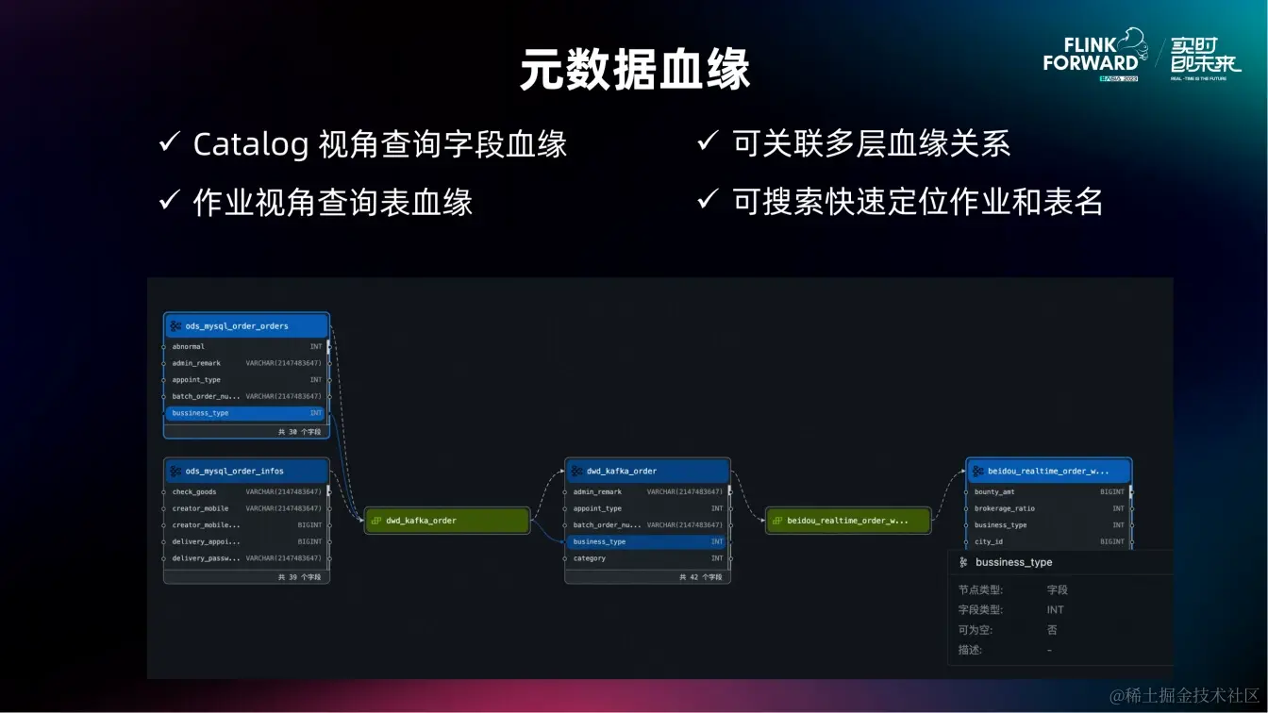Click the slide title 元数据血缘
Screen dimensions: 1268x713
634,70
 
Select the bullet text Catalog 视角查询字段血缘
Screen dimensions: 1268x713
379,144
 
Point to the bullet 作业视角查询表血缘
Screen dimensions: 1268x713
332,203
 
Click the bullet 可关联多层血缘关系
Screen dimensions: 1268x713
871,144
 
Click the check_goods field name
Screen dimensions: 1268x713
194,492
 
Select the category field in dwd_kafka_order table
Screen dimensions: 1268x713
590,558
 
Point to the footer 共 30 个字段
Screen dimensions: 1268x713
299,432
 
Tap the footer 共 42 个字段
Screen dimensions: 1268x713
700,577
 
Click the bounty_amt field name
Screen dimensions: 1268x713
994,492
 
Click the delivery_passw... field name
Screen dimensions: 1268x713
206,558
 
